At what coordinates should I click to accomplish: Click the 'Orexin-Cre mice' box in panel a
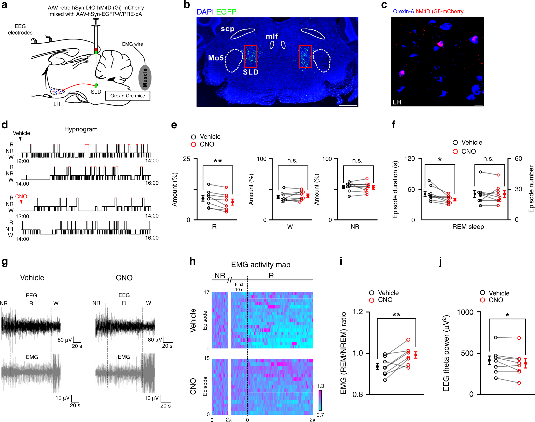click(128, 96)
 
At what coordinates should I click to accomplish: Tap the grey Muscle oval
click(145, 78)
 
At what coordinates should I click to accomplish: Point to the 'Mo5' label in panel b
click(216, 58)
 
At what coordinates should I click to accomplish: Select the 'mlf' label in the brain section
click(272, 36)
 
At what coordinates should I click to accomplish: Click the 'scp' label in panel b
click(227, 29)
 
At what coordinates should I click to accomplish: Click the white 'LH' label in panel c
click(397, 102)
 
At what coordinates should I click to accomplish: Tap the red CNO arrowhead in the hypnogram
click(21, 202)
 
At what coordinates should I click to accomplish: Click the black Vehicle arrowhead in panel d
click(20, 139)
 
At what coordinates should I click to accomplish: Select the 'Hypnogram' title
click(81, 129)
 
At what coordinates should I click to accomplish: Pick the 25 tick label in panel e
click(186, 159)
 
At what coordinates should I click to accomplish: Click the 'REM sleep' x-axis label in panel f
click(468, 227)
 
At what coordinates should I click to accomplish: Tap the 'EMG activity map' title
click(261, 265)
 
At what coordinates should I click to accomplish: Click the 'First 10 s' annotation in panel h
click(239, 287)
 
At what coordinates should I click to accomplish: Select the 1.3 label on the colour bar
click(320, 386)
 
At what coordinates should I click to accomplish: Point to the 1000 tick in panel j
click(465, 312)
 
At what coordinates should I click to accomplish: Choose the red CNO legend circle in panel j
click(483, 300)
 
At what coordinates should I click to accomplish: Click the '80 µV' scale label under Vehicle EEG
click(65, 340)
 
